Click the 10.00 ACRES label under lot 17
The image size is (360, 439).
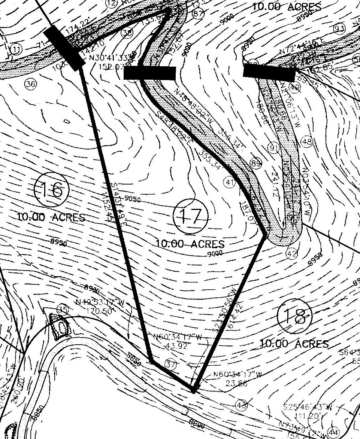(190, 244)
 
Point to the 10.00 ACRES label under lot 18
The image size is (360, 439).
(294, 344)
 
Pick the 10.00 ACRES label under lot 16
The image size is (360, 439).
(51, 217)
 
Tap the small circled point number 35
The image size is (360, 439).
(61, 310)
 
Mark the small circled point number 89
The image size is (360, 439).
(256, 163)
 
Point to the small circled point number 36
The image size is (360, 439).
(31, 84)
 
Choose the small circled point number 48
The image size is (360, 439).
(306, 142)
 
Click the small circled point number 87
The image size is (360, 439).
(198, 14)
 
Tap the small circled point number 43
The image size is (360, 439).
(241, 405)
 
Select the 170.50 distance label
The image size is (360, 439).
(97, 311)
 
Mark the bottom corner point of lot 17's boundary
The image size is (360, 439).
(193, 391)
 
